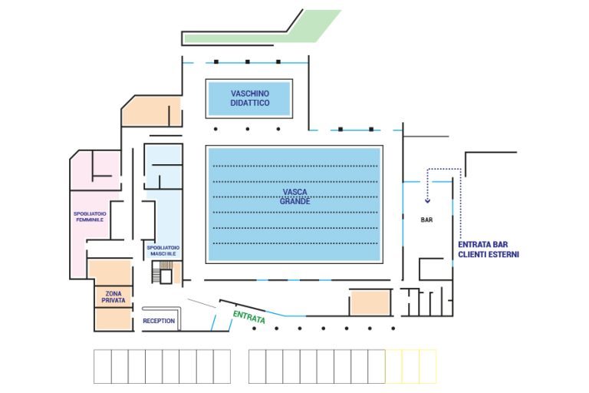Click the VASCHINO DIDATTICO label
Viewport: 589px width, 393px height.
click(250, 97)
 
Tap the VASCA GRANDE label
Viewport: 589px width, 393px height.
click(296, 196)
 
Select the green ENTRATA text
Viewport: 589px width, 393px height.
click(248, 316)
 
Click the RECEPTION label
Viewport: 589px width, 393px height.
click(159, 321)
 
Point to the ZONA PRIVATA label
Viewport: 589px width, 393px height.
click(114, 296)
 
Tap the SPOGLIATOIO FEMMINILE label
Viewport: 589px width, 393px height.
click(89, 216)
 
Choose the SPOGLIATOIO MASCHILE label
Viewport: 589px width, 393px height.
click(163, 251)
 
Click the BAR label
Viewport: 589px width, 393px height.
click(427, 220)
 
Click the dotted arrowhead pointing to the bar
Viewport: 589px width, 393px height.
click(427, 202)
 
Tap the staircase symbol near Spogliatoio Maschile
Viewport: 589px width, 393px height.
click(163, 272)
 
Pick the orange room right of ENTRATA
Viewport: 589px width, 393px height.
click(371, 302)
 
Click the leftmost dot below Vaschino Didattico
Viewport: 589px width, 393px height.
click(216, 129)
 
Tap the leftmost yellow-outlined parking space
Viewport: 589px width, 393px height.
click(393, 367)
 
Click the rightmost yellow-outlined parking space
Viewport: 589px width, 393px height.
click(427, 367)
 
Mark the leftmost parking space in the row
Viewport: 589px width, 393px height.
click(102, 367)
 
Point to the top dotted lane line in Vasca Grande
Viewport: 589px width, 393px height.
click(296, 167)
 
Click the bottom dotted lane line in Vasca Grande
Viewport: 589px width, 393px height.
click(296, 243)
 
